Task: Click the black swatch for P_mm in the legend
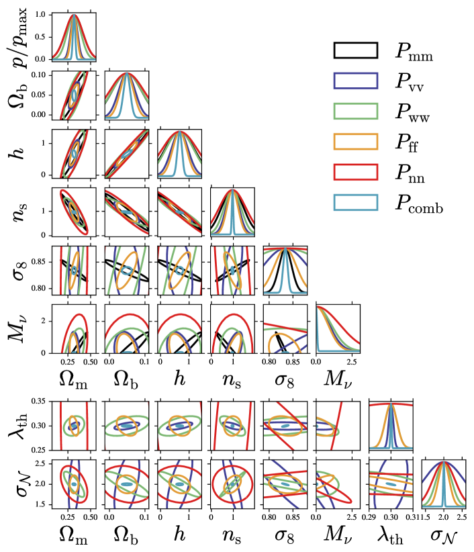click(355, 50)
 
